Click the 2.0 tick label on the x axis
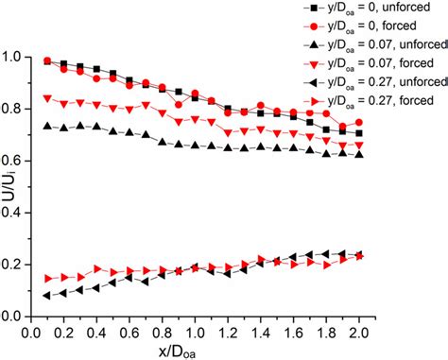(357, 332)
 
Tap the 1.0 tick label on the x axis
(196, 332)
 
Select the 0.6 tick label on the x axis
(130, 332)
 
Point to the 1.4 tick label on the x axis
(260, 332)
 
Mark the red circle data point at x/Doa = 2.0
(357, 123)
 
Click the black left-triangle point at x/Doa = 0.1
(48, 296)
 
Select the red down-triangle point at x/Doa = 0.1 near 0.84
(48, 97)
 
